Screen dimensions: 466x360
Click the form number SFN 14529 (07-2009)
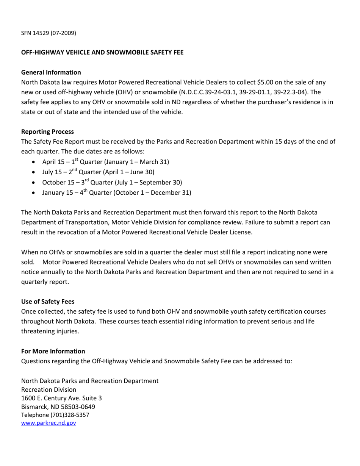coord(49,33)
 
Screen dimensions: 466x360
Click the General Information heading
coord(51,72)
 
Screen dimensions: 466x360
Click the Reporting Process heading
coord(47,132)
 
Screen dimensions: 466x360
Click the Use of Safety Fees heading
coord(48,302)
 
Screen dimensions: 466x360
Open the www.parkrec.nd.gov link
coord(49,423)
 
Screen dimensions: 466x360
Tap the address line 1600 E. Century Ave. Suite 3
coord(61,398)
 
